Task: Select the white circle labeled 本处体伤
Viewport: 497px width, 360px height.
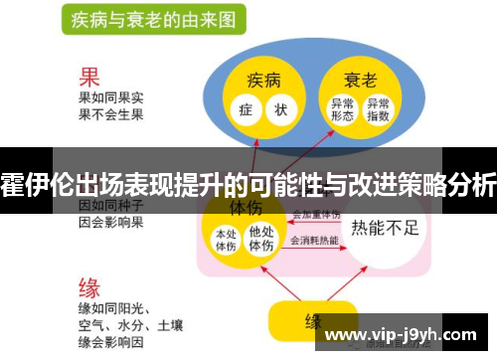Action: click(x=227, y=239)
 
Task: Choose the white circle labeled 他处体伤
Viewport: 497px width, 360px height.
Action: click(x=261, y=239)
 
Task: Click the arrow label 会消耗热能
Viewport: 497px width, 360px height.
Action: click(x=314, y=241)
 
